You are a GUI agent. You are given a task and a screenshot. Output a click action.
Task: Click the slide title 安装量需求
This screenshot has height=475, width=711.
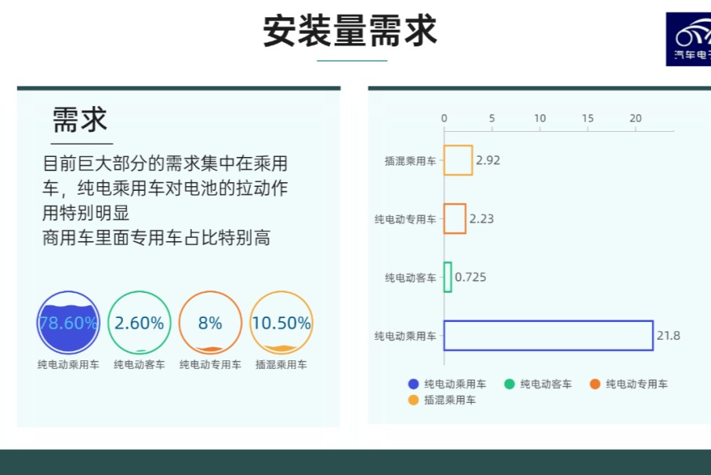click(350, 31)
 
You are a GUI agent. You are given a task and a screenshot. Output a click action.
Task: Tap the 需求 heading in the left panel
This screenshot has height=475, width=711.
click(80, 120)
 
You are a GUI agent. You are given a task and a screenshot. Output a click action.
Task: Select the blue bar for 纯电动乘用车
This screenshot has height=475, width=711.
click(548, 335)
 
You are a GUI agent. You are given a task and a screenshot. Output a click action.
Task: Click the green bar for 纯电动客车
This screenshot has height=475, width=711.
click(448, 277)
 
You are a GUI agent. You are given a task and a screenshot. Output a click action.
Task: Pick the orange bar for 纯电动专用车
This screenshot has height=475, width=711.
click(455, 218)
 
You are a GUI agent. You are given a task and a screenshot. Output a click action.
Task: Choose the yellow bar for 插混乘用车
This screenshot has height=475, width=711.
click(458, 160)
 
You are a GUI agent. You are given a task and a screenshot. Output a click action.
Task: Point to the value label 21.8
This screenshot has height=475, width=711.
click(668, 336)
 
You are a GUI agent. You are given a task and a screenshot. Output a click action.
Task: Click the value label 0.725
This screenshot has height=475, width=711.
click(470, 277)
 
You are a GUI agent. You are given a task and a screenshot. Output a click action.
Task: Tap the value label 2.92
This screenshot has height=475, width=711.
click(488, 160)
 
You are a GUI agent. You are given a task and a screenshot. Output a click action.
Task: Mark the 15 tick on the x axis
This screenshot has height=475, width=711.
click(588, 119)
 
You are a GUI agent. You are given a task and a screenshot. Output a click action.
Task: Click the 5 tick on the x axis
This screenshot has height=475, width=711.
click(492, 119)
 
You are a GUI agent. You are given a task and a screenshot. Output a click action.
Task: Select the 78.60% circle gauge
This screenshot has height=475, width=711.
click(68, 323)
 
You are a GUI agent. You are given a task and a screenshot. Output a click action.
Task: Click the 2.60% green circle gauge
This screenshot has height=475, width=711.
click(140, 323)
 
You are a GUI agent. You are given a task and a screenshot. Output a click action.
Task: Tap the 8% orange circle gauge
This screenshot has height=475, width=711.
click(210, 323)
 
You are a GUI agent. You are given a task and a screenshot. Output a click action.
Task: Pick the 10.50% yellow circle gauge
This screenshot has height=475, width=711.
click(281, 323)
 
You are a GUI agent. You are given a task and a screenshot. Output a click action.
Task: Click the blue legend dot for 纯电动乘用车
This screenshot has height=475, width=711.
click(413, 384)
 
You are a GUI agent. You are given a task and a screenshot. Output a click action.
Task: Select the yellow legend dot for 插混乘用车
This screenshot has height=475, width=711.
click(413, 400)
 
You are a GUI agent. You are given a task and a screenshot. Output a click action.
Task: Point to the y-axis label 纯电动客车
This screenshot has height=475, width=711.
click(410, 278)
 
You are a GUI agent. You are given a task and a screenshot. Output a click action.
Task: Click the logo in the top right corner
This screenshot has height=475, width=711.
click(689, 39)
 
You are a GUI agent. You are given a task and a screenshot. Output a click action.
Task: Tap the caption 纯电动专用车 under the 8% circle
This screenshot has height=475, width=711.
click(210, 365)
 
